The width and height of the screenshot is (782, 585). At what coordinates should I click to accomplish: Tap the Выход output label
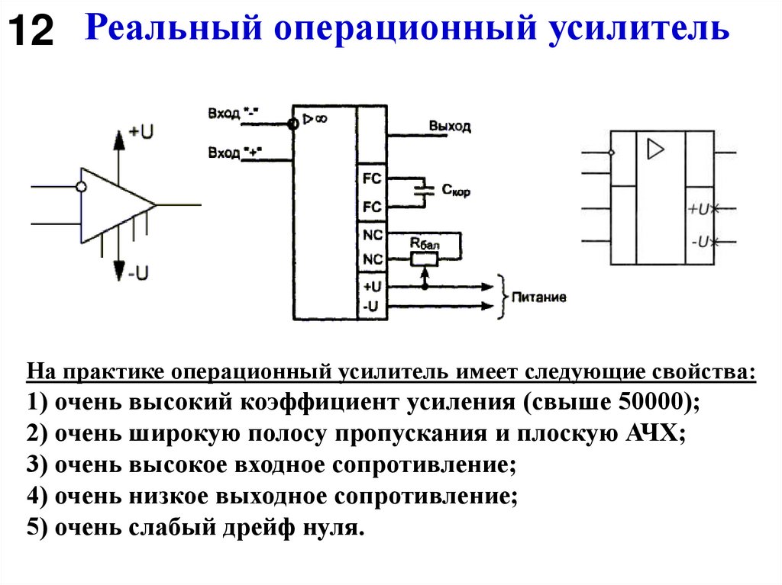coord(450,126)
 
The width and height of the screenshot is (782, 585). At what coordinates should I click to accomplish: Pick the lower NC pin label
coord(372,259)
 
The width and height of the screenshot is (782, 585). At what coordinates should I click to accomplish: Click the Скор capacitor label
coord(456,191)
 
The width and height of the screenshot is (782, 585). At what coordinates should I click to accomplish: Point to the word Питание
coord(539,297)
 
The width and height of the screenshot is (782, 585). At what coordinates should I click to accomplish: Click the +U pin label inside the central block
coord(372,287)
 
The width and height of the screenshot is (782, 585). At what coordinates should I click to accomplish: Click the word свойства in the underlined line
coord(705,374)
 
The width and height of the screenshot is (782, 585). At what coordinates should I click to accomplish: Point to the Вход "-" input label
coord(234,114)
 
